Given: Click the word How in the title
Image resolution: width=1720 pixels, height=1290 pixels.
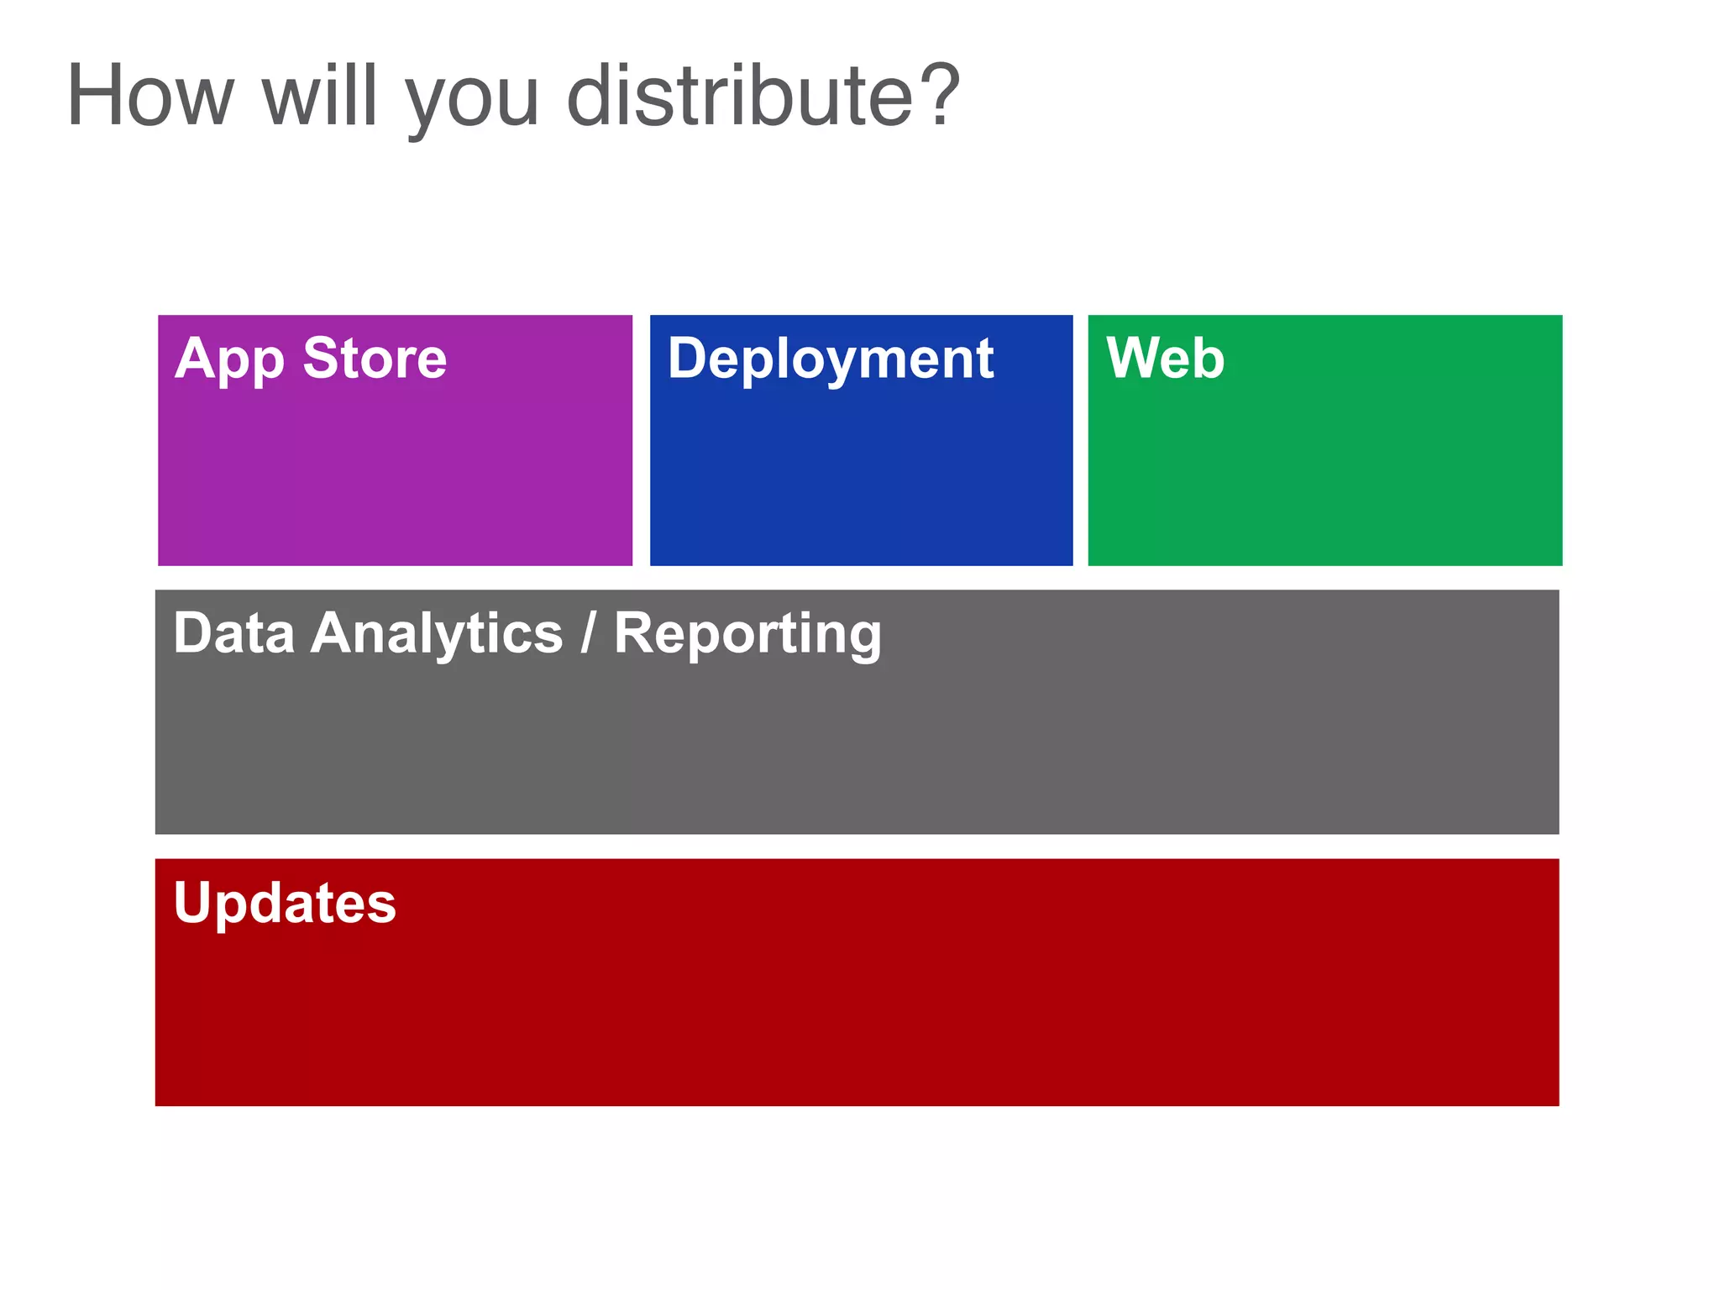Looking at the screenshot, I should (149, 97).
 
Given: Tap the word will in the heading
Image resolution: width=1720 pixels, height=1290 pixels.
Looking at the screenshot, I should (319, 97).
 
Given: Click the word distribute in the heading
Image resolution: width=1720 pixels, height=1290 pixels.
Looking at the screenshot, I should (740, 97).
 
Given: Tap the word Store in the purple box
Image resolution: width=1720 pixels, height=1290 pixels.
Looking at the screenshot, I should (375, 359).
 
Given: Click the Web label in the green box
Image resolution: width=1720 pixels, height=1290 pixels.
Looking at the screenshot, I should (1165, 359).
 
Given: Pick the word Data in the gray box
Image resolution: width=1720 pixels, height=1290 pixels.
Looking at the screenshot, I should (233, 633).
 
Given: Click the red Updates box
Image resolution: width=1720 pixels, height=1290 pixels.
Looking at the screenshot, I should (857, 1008).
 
